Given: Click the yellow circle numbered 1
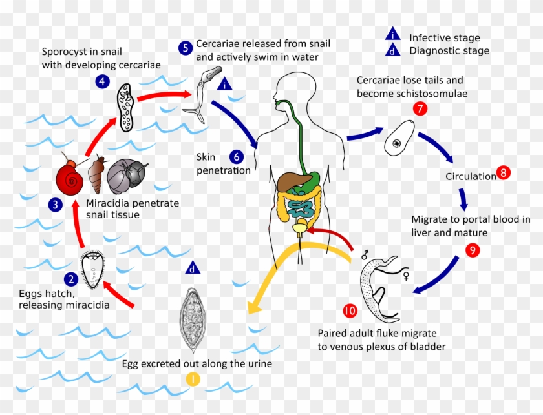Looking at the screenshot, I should click(193, 379).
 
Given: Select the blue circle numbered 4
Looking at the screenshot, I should click(102, 81).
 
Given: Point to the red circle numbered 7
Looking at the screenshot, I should click(420, 108).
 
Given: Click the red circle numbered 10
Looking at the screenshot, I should click(350, 310).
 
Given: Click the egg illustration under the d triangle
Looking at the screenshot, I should click(192, 314).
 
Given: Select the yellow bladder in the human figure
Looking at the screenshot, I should click(301, 227).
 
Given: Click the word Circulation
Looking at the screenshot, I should click(470, 176).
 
